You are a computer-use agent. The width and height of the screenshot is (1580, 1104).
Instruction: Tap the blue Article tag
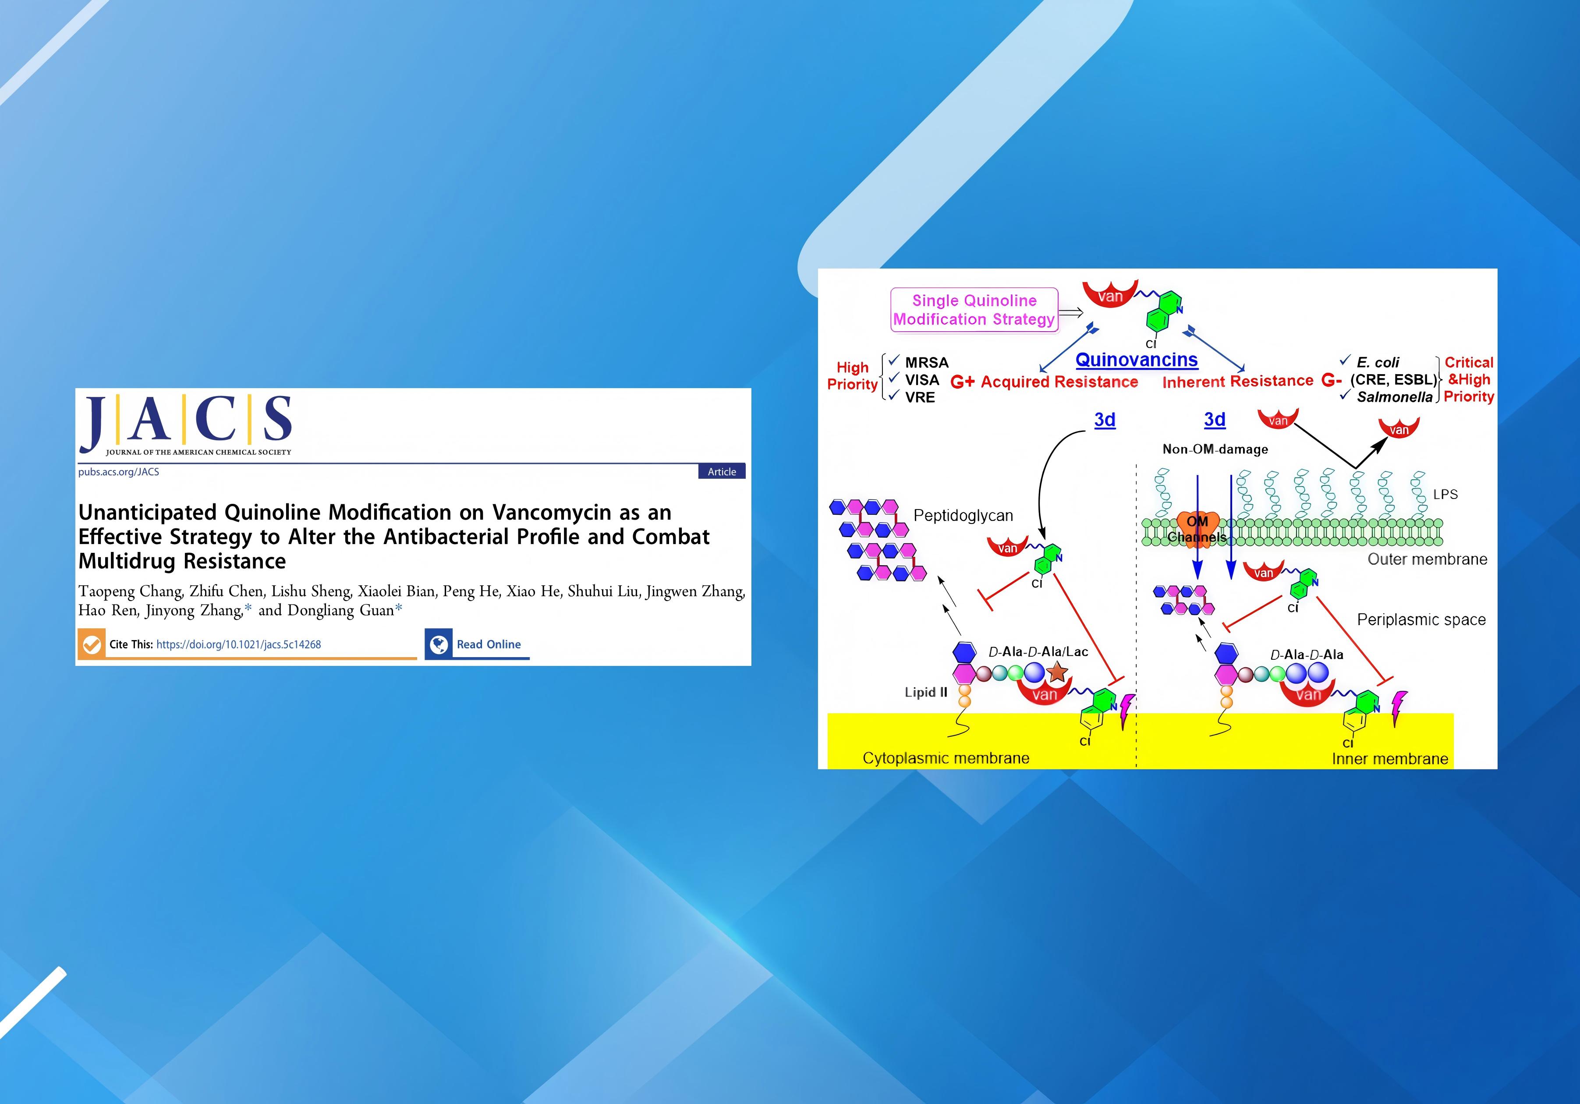tap(722, 471)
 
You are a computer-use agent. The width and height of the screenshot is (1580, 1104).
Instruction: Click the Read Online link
tap(489, 644)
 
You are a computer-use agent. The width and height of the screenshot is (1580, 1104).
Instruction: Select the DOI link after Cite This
tap(239, 644)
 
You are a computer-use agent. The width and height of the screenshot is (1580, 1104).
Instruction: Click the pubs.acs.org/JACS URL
tap(118, 472)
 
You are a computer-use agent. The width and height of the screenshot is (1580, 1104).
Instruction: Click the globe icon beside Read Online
tap(438, 644)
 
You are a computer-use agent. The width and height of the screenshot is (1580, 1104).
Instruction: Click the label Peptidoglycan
tap(963, 515)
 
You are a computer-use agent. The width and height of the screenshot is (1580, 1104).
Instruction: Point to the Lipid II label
tap(925, 692)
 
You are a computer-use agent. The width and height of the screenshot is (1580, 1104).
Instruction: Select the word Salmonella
tap(1394, 397)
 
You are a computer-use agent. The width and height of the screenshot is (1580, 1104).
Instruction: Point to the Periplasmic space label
tap(1421, 620)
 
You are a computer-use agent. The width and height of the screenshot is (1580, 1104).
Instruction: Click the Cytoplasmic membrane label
tap(946, 758)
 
